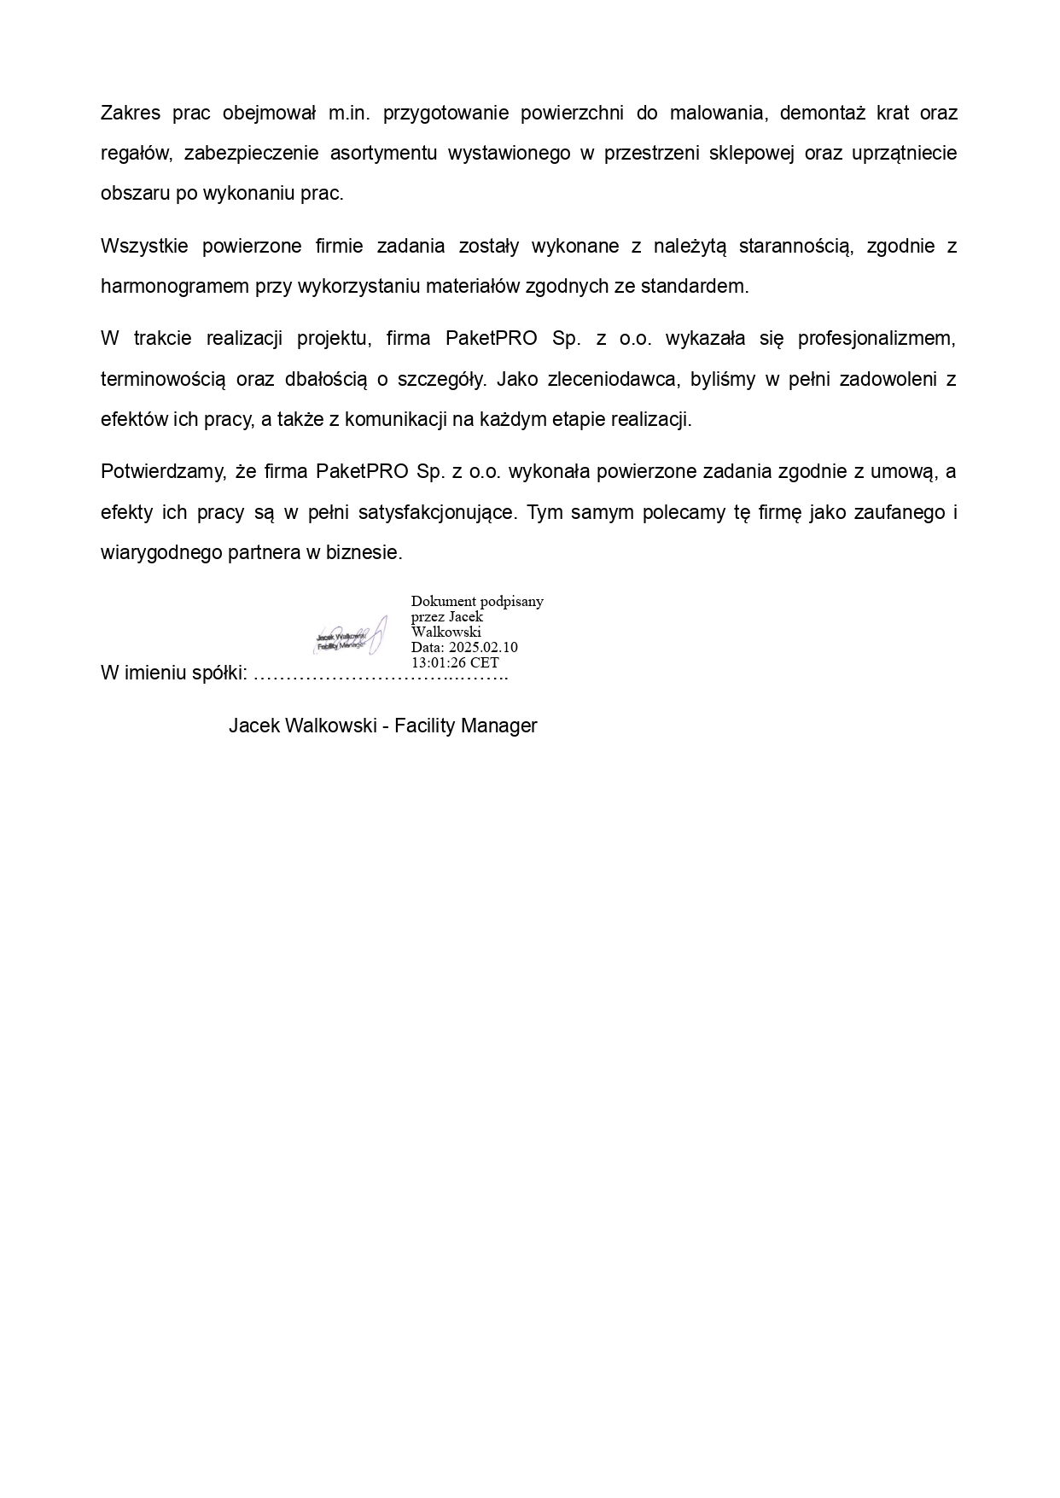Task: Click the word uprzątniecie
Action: pyautogui.click(x=905, y=154)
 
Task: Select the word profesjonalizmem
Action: pyautogui.click(x=877, y=339)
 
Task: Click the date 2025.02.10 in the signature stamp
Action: pyautogui.click(x=483, y=647)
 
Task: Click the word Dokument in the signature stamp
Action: pyautogui.click(x=443, y=601)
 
